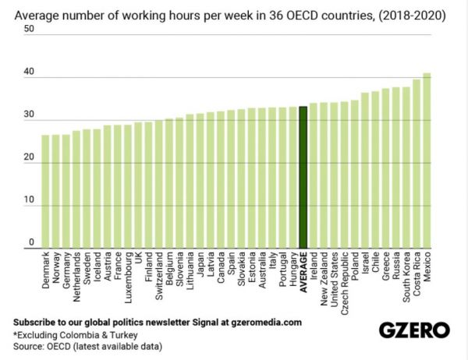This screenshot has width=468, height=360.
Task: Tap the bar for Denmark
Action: pos(45,192)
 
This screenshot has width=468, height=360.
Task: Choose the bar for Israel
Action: pos(364,171)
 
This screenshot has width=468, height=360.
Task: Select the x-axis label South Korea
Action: pos(406,280)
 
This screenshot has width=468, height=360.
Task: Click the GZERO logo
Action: pos(415,330)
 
